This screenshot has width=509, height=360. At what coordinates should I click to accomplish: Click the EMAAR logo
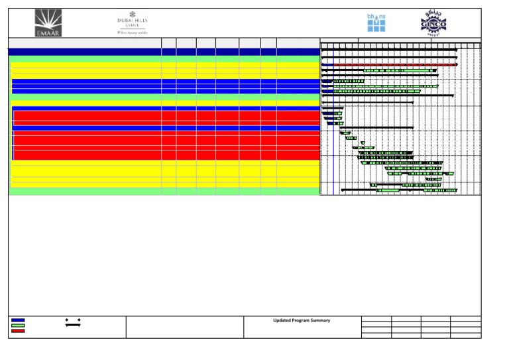click(48, 23)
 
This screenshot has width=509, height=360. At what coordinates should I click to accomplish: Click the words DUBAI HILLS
click(133, 21)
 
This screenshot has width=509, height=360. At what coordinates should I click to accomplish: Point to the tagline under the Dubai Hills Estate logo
click(132, 31)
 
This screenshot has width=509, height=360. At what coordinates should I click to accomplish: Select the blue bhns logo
click(376, 23)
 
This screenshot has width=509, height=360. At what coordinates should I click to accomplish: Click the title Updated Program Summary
click(302, 321)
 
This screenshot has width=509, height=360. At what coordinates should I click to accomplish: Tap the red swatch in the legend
click(18, 331)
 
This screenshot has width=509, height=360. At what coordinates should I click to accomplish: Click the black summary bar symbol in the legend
click(73, 322)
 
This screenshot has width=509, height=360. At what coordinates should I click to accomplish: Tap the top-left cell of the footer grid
click(376, 320)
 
